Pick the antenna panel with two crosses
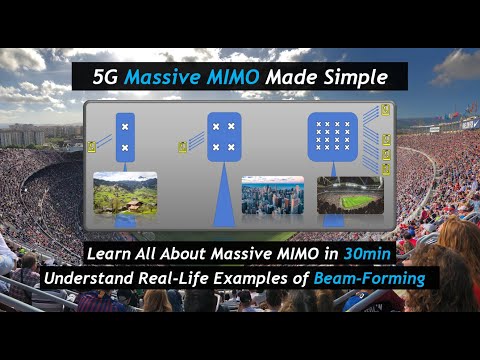(x=125, y=139)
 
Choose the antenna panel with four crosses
(x=224, y=137)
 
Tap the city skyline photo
(x=272, y=195)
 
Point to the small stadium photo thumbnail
(x=349, y=195)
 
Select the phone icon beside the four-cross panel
(x=183, y=147)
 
